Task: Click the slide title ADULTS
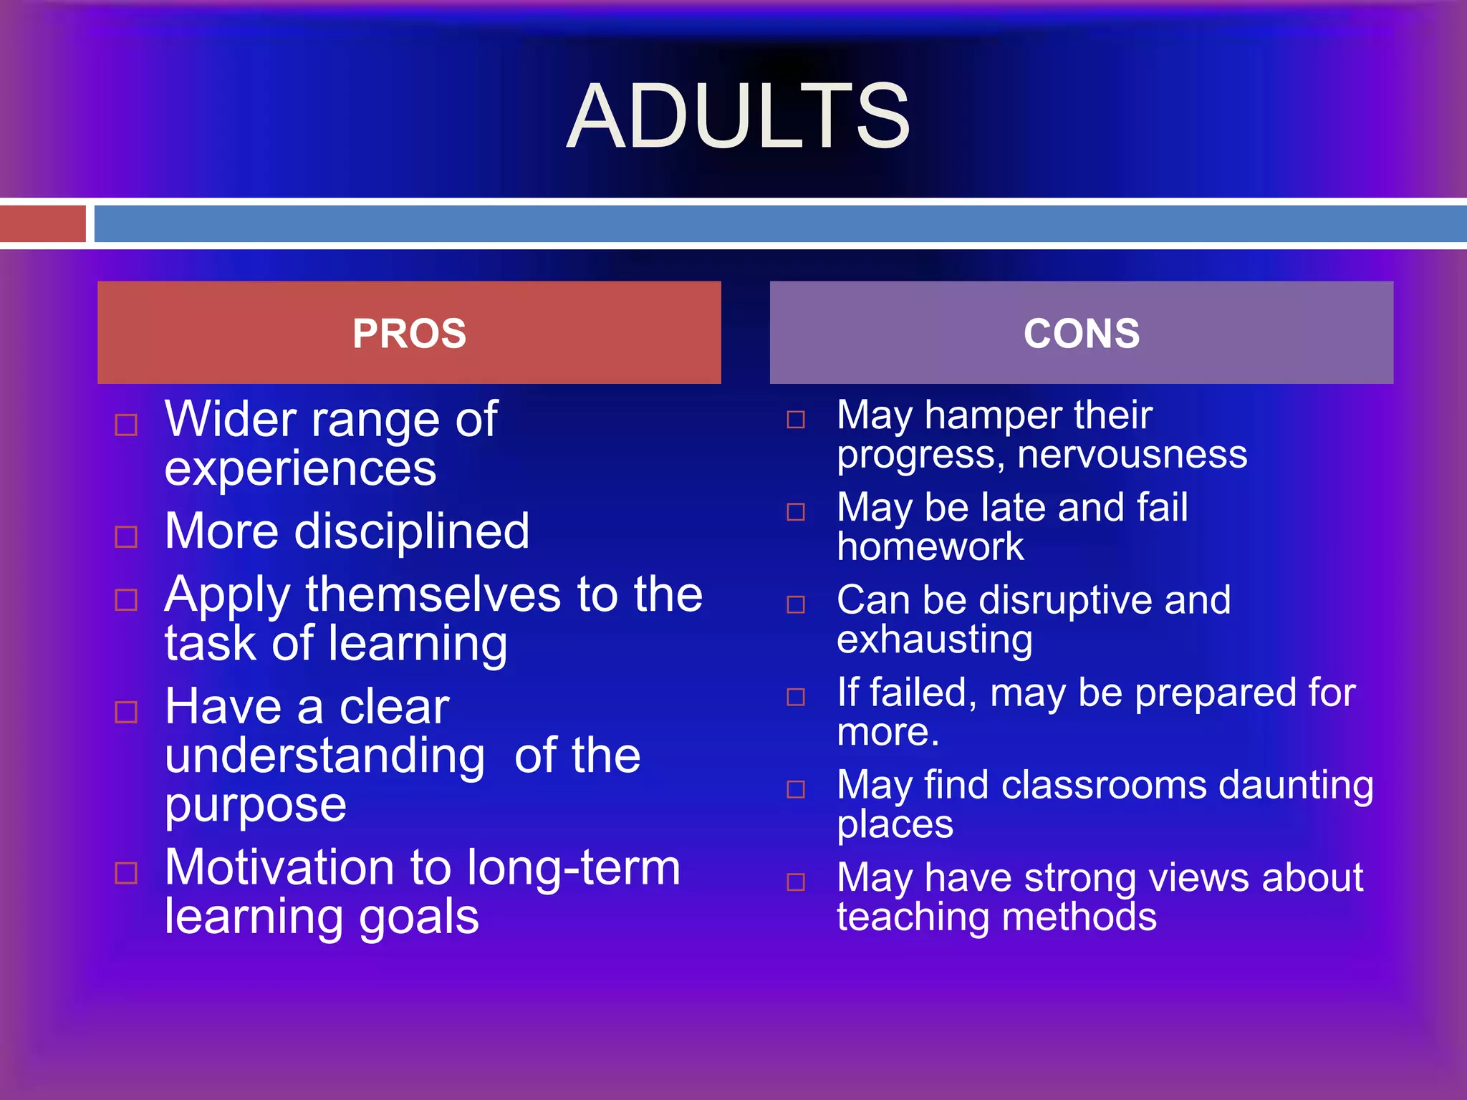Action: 738,116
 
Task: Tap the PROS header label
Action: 409,334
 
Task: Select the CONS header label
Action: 1081,334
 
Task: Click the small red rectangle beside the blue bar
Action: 42,223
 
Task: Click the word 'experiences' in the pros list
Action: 300,470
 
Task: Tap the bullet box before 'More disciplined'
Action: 126,536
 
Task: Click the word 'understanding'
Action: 324,756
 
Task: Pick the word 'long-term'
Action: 573,868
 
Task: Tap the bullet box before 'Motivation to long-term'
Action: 126,873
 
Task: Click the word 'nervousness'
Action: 1132,455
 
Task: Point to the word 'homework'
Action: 930,547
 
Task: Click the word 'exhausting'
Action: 934,640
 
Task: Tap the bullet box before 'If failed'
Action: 796,697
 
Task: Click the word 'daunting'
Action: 1296,785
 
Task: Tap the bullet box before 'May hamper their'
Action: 796,420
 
